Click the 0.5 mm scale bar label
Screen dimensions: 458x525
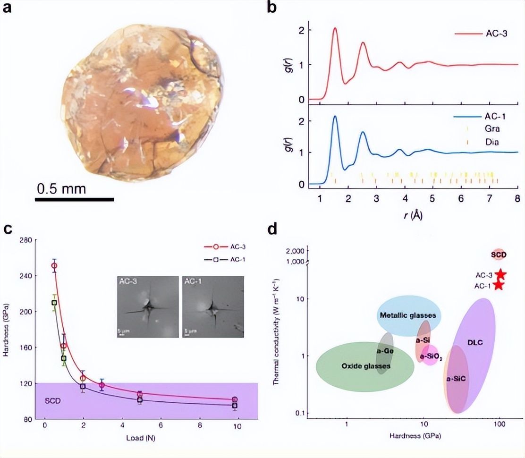tap(62, 189)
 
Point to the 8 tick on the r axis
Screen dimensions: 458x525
tap(517, 197)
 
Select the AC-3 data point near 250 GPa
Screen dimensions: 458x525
tap(54, 266)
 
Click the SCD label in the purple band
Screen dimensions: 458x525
tap(53, 401)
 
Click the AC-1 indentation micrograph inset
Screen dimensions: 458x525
tap(213, 307)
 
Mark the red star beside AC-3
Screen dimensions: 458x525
tap(500, 275)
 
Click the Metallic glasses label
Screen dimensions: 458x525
tap(408, 315)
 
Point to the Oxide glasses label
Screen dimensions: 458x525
tap(365, 366)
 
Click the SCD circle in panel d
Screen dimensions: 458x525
tap(499, 255)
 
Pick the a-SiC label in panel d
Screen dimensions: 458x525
tap(457, 379)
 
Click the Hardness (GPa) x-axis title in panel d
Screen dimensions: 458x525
tap(415, 435)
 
